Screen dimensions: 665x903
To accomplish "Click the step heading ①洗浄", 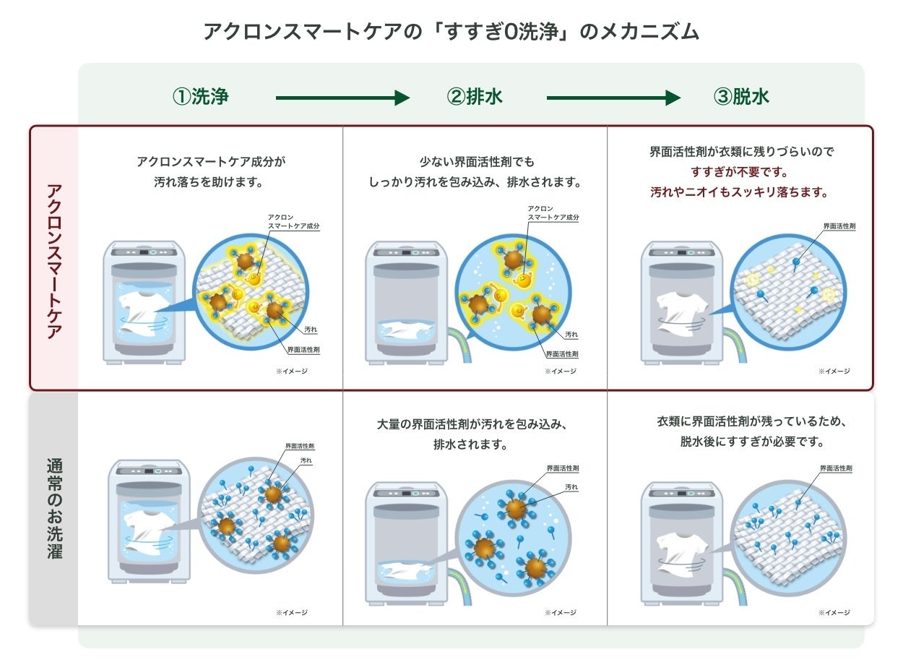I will click(200, 97).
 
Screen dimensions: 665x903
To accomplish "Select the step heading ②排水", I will click(474, 97).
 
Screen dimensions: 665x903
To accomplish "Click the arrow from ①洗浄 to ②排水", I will click(342, 98).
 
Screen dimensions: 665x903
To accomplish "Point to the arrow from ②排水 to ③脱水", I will click(613, 98).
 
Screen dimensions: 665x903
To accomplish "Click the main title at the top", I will click(451, 32).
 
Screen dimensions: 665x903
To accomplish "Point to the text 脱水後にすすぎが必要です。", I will click(751, 441).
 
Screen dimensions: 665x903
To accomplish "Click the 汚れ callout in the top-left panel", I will click(311, 330).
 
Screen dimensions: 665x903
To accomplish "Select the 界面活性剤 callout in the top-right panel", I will click(839, 226).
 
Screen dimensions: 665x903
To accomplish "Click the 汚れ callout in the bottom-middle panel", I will click(571, 488).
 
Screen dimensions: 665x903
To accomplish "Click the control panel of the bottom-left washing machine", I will click(148, 470).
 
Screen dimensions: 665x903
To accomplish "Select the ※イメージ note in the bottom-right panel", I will click(834, 612).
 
